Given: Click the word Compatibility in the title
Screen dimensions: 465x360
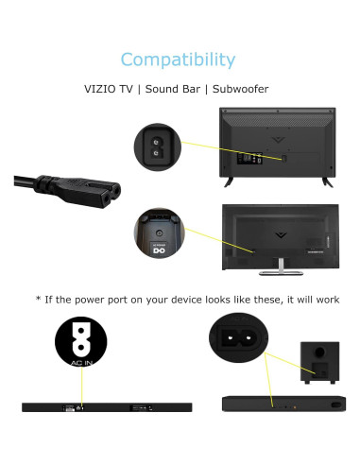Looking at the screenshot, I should click(x=179, y=60).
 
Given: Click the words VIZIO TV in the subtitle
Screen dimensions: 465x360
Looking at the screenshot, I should click(x=112, y=89).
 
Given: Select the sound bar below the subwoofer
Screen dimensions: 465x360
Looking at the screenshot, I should click(x=281, y=405).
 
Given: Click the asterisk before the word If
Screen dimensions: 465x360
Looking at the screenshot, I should click(x=39, y=300).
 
